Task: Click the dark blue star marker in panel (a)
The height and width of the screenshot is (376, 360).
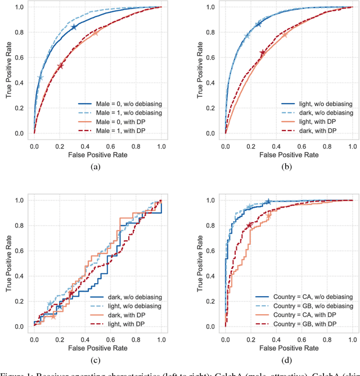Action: pos(74,27)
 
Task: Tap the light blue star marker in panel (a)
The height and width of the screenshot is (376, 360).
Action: pos(40,78)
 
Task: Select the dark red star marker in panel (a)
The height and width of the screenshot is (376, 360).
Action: pos(61,66)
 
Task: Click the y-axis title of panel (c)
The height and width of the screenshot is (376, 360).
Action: pos(9,263)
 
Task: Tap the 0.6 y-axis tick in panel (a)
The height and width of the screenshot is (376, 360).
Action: pos(21,57)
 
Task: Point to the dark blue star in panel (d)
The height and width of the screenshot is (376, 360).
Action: pos(268,202)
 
